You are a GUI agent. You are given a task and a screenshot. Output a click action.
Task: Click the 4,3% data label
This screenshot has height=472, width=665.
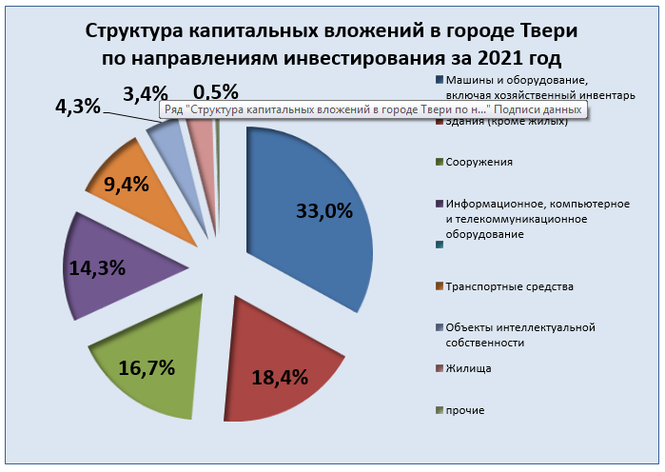(78, 107)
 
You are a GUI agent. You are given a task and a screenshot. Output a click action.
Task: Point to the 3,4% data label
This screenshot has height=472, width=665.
(146, 93)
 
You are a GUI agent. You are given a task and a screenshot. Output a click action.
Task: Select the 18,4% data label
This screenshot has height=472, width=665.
(280, 377)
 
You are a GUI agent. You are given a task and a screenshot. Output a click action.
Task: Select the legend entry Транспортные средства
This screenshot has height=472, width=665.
(509, 286)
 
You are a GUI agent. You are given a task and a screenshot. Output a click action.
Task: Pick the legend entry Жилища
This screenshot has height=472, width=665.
(468, 368)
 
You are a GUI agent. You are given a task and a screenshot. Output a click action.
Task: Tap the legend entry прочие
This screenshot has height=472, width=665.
(465, 409)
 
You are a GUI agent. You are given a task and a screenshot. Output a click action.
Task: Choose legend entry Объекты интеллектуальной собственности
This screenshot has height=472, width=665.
(518, 335)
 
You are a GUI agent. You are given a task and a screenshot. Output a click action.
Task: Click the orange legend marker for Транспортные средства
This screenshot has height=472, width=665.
(437, 286)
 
